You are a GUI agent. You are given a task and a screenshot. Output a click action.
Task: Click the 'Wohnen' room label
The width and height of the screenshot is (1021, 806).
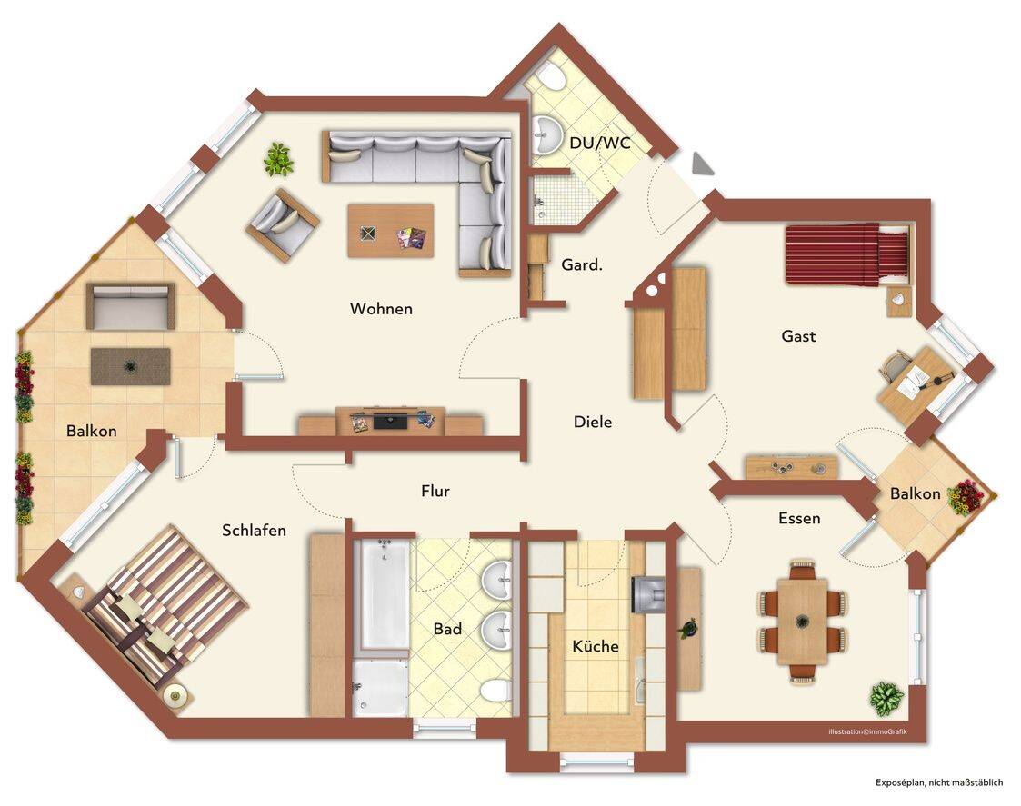[x=381, y=308]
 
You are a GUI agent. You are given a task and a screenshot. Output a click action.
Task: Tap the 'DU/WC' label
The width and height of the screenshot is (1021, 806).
[x=600, y=143]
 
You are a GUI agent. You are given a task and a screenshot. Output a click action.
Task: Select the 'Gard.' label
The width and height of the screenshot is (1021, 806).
[x=582, y=265]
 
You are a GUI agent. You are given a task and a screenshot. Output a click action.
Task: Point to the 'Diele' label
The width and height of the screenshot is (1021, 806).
[x=593, y=422]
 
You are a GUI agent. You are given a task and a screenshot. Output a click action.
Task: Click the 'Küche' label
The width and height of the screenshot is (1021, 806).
[x=596, y=646]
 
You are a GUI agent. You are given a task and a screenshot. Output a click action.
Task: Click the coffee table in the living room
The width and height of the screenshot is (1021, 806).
[x=391, y=231]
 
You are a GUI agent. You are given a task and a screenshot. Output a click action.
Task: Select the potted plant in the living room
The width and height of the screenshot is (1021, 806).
[x=279, y=159]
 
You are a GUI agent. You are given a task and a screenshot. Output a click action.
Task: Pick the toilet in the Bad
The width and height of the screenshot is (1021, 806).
[x=497, y=690]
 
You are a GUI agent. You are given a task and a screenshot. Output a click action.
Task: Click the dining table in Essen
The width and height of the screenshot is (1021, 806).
[x=803, y=621]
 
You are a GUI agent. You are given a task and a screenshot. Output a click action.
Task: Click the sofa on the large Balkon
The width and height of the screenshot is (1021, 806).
[x=131, y=306]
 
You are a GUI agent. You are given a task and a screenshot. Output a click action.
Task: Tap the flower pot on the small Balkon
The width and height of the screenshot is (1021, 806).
[x=966, y=497]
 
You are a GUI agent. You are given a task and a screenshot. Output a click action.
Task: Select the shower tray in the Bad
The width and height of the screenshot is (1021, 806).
[x=380, y=689]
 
